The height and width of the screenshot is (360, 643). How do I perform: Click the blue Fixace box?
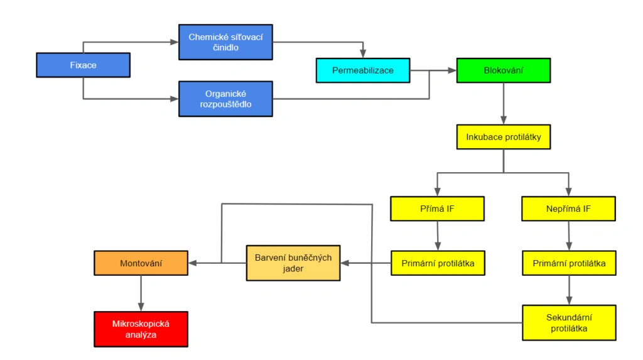[84, 65]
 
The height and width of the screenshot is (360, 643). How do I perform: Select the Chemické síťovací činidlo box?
[225, 42]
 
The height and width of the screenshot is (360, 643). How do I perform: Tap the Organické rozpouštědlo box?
[225, 99]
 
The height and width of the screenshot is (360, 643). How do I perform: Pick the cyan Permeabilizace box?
[363, 70]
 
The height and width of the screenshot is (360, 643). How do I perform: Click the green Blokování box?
[504, 70]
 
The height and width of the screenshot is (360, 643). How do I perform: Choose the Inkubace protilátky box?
[504, 137]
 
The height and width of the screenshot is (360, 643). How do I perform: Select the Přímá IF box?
[437, 209]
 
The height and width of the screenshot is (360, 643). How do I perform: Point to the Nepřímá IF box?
[568, 209]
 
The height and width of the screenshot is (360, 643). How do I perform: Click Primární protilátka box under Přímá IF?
[438, 263]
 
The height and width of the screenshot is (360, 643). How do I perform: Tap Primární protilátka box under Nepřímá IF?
[569, 263]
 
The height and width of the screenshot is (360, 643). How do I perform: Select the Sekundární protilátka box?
[569, 323]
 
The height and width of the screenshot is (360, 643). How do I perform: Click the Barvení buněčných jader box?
[293, 263]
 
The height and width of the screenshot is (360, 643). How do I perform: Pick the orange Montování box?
[141, 263]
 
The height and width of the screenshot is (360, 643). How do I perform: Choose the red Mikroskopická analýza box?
[141, 329]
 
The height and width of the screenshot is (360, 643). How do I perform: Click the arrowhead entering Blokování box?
[452, 70]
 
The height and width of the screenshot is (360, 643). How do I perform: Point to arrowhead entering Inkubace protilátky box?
[504, 120]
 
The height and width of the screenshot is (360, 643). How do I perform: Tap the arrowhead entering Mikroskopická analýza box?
[141, 307]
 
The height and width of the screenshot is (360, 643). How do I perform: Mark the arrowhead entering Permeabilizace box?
[363, 54]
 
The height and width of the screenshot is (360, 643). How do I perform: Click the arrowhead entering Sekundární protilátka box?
[569, 301]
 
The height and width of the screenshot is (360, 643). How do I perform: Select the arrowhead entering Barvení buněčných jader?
[345, 263]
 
